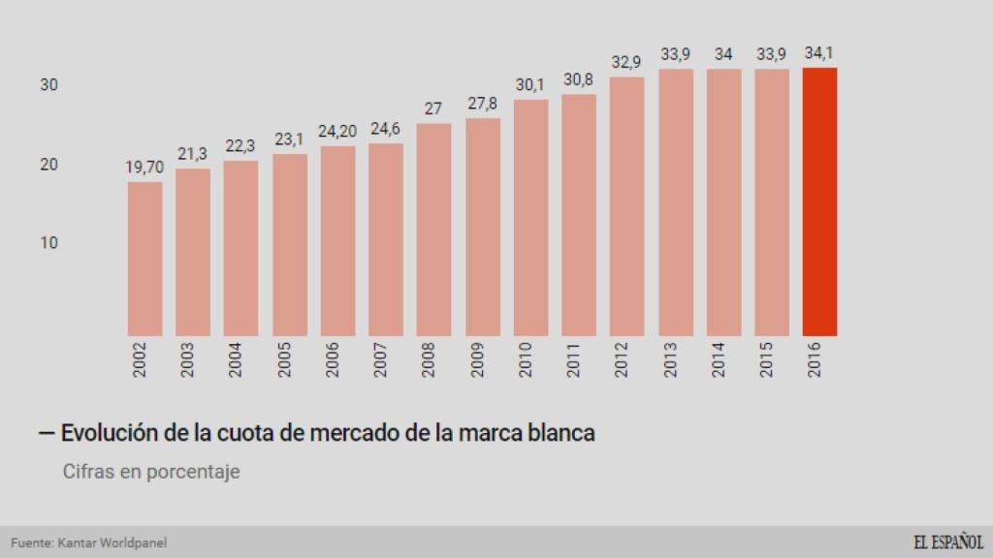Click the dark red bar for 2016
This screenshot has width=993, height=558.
[819, 201]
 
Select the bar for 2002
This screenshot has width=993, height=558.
[144, 259]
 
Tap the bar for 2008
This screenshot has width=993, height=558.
[433, 230]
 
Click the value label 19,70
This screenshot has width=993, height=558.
[144, 168]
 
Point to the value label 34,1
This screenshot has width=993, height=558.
[820, 53]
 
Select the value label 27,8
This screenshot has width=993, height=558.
[482, 104]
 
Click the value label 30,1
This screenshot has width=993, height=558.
[530, 85]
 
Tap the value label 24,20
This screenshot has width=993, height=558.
[337, 132]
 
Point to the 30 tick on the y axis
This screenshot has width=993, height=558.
[48, 85]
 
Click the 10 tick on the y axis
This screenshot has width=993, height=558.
[48, 242]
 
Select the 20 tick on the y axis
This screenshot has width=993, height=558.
[48, 165]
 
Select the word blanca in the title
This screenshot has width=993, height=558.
[557, 433]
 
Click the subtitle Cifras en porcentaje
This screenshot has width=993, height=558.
[151, 472]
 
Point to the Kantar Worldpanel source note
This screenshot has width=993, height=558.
[82, 543]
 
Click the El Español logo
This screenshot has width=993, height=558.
[947, 542]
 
